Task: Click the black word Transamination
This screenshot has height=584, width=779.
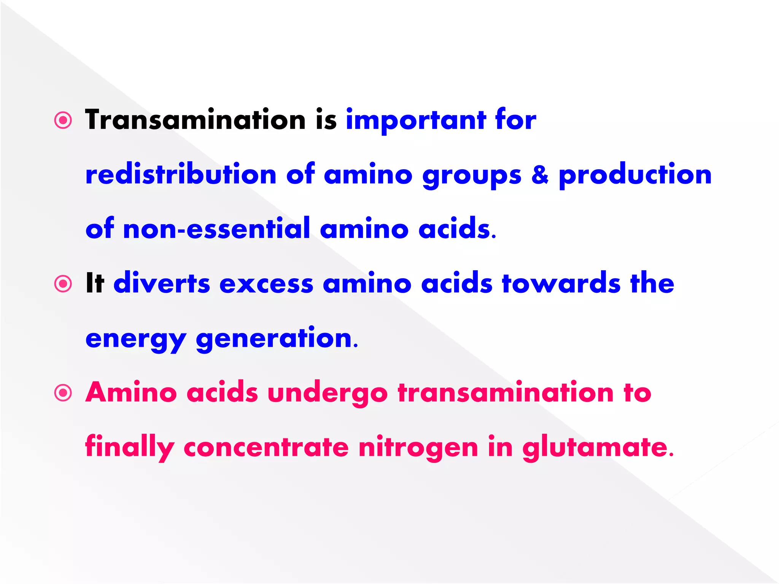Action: click(x=195, y=120)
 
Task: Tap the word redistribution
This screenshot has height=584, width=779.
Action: click(x=181, y=175)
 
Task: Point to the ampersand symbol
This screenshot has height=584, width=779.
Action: click(x=540, y=175)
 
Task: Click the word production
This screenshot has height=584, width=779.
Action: click(x=635, y=175)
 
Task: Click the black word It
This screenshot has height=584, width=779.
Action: click(x=95, y=283)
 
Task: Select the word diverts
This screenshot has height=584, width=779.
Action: click(x=162, y=283)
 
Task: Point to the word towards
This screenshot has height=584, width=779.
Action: click(x=561, y=283)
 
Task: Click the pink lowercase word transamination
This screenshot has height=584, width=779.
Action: click(x=506, y=392)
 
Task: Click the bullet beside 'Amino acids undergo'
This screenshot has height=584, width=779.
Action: click(x=63, y=393)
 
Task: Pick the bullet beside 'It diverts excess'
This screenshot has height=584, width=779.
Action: click(x=63, y=284)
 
